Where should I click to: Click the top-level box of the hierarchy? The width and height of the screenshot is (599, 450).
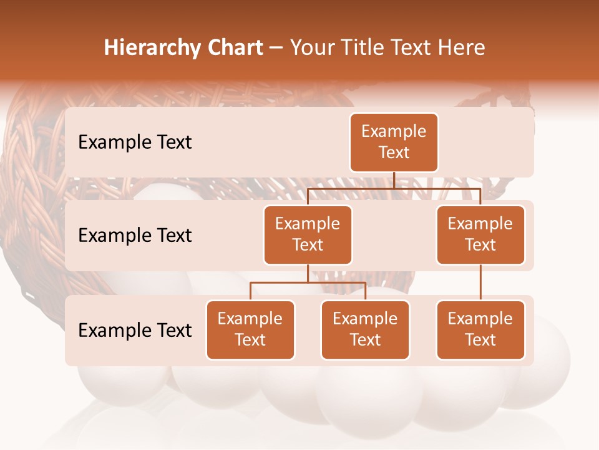pos(394,142)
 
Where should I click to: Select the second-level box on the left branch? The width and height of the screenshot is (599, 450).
pos(308,235)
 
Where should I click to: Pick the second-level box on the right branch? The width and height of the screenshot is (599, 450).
pos(480,235)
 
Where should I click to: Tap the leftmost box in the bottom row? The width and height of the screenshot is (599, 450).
pos(250,330)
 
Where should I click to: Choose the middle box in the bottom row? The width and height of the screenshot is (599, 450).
pos(365,330)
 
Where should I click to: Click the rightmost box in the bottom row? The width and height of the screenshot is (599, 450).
pos(480,330)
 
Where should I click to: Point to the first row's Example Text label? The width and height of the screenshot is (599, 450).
pos(135,142)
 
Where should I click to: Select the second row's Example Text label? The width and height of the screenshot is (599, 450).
pos(135,236)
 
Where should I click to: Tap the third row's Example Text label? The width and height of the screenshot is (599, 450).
pos(135,331)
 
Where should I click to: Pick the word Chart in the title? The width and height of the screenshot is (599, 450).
pos(235,47)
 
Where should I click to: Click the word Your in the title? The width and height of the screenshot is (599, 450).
pos(311,47)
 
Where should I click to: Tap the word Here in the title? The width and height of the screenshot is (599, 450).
pos(462,47)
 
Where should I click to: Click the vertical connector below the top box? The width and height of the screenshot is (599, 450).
pos(394,180)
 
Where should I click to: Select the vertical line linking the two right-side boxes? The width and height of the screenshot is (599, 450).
pos(480,282)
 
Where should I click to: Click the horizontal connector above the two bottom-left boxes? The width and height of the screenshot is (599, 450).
pos(308,283)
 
